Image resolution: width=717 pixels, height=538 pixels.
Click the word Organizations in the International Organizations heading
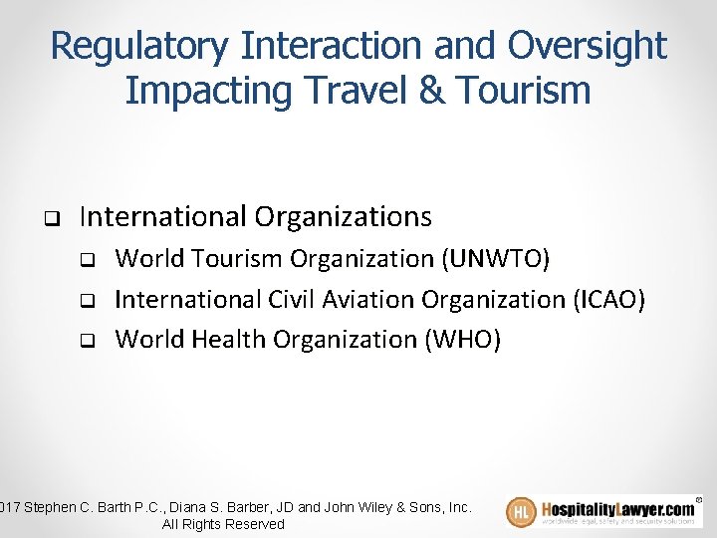(344, 216)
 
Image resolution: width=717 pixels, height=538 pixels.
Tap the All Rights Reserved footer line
(223, 524)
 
